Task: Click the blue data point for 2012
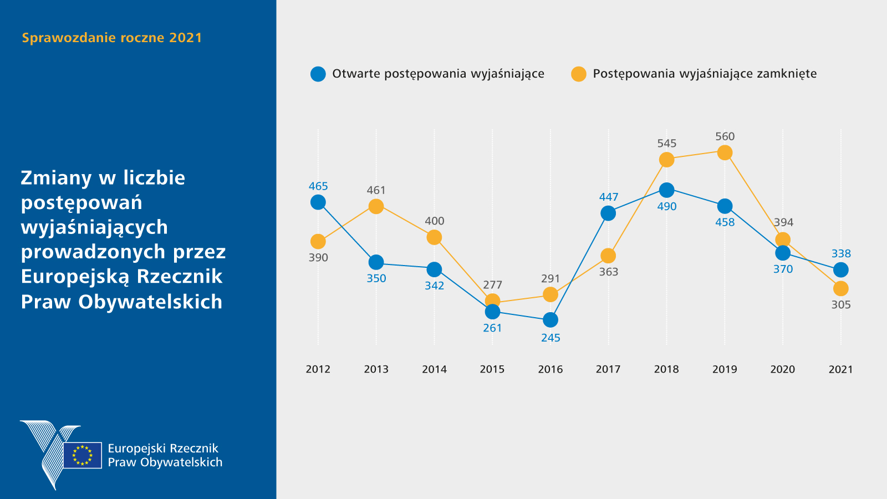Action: pyautogui.click(x=318, y=202)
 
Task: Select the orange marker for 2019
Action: pyautogui.click(x=725, y=152)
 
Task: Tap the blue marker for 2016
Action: pyautogui.click(x=550, y=320)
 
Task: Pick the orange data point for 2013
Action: pyautogui.click(x=376, y=206)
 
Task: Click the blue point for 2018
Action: pyautogui.click(x=666, y=190)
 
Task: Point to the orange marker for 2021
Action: pyautogui.click(x=841, y=288)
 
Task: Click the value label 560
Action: pyautogui.click(x=725, y=136)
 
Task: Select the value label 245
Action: pyautogui.click(x=550, y=338)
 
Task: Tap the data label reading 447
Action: pyautogui.click(x=608, y=197)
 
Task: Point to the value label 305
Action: pyautogui.click(x=841, y=304)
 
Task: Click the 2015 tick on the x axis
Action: pyautogui.click(x=492, y=369)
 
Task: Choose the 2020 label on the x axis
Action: pyautogui.click(x=783, y=369)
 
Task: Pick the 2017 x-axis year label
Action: pyautogui.click(x=608, y=369)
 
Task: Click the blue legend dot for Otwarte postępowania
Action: pyautogui.click(x=318, y=74)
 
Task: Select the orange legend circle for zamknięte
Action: pyautogui.click(x=579, y=74)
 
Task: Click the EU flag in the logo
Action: pyautogui.click(x=83, y=455)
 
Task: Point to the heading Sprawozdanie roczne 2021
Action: pyautogui.click(x=112, y=38)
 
